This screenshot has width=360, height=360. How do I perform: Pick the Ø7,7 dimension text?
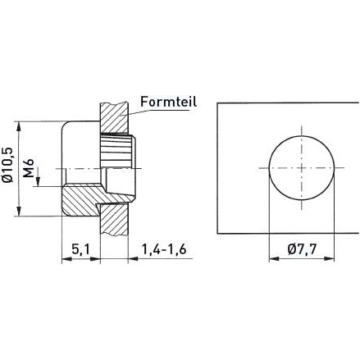coord(303,248)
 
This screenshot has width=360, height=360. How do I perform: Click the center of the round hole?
coord(302,166)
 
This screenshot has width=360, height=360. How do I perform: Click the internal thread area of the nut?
coord(115,153)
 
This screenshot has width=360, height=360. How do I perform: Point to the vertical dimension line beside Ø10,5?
coord(20,169)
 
